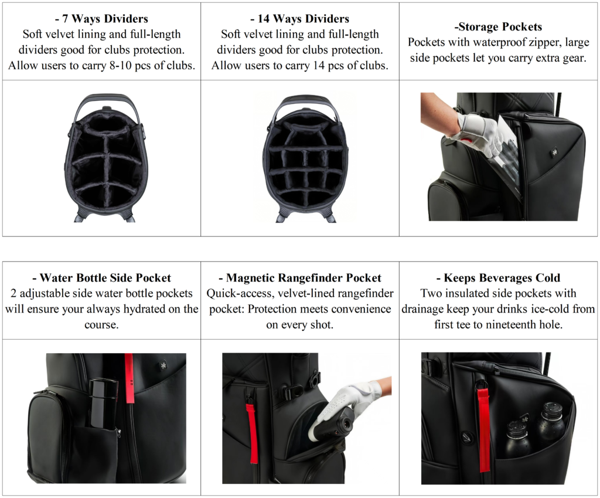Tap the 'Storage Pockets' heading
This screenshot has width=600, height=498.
[498, 27]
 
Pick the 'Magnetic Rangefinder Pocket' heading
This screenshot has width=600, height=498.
[299, 277]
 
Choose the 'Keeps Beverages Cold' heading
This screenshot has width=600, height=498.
[499, 277]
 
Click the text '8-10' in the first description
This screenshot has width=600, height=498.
[126, 66]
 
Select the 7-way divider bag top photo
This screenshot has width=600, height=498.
[105, 157]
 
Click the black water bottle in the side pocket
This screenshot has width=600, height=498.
[104, 405]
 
